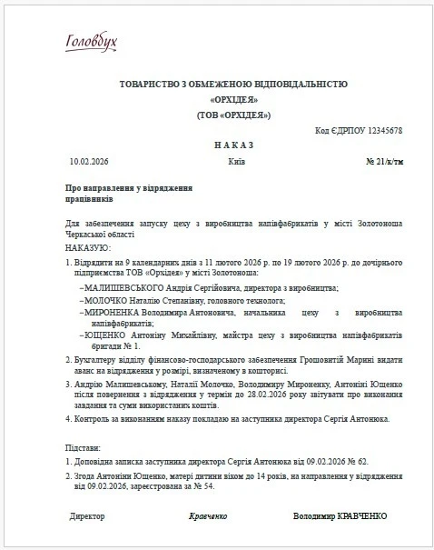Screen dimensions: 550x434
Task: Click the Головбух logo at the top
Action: pyautogui.click(x=93, y=42)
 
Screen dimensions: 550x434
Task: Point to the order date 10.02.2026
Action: pyautogui.click(x=88, y=162)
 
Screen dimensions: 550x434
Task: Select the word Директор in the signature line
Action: pyautogui.click(x=87, y=515)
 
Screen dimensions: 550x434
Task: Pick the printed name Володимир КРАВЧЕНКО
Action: pyautogui.click(x=340, y=515)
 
